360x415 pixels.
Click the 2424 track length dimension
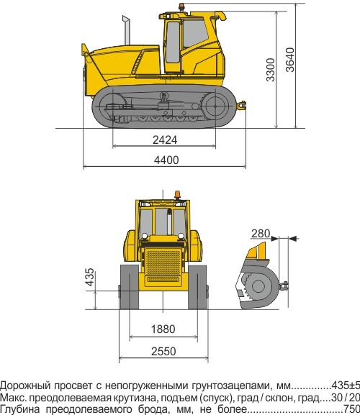coord(165,140)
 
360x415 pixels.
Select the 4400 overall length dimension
coord(166,160)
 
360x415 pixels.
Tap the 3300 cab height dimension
coord(271,70)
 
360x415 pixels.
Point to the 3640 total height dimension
coord(290,60)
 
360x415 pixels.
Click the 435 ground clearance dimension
coord(90,277)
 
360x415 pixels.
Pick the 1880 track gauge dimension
coord(163,329)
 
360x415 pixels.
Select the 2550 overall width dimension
coord(163,351)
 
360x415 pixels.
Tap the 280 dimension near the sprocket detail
coord(261,234)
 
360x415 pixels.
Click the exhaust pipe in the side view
coord(127,30)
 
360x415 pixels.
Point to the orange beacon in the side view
coord(181,6)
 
